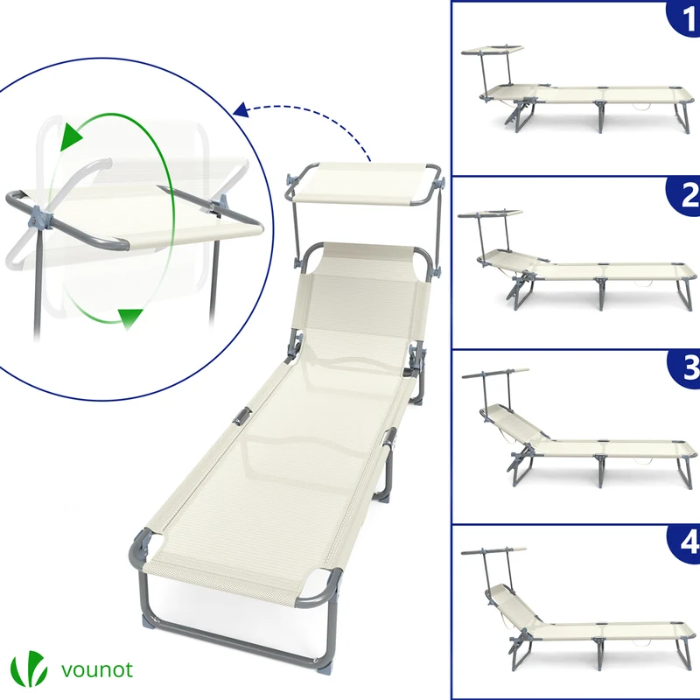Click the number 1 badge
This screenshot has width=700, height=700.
coord(684,17)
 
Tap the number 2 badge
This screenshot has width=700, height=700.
coord(684,195)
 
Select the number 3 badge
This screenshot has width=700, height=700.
coord(684,368)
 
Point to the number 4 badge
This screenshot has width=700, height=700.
coord(684,542)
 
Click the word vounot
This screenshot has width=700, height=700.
coord(97,669)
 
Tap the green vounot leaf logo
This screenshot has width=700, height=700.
coord(29,668)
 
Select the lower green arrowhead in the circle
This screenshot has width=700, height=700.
coord(129,318)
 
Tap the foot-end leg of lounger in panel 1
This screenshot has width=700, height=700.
coord(682,117)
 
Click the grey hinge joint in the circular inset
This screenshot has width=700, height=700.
coord(39,221)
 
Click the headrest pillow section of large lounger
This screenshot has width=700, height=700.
coord(365,259)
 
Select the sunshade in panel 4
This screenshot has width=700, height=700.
coord(493,551)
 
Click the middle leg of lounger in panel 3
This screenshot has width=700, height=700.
coord(601,470)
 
